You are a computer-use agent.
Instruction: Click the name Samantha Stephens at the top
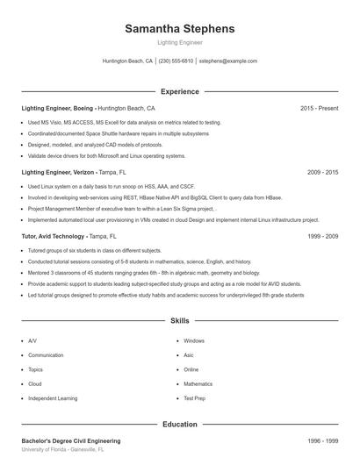click(x=179, y=29)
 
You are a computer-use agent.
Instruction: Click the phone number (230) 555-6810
click(x=176, y=61)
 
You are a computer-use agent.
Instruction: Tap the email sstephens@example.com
click(x=227, y=61)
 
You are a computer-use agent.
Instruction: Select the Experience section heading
click(x=179, y=91)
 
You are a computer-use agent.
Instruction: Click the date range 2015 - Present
click(x=319, y=108)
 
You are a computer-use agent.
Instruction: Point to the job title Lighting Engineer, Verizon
click(x=57, y=173)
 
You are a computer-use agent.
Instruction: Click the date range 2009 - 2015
click(x=322, y=173)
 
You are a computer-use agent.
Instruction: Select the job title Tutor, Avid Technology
click(x=57, y=237)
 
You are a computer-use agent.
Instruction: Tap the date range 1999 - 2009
click(x=322, y=237)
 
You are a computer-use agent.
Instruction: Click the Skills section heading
click(x=179, y=322)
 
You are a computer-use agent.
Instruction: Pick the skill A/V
click(x=32, y=340)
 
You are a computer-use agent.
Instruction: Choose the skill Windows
click(x=193, y=340)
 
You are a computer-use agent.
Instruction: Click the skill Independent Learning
click(x=52, y=398)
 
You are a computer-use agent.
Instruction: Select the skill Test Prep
click(x=193, y=398)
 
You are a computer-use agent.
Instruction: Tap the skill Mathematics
click(x=198, y=383)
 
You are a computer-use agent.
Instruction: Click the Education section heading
click(x=179, y=424)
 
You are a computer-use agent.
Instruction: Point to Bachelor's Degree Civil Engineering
click(x=71, y=440)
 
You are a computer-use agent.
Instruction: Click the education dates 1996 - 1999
click(x=322, y=440)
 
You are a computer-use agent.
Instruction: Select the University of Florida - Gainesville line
click(x=62, y=449)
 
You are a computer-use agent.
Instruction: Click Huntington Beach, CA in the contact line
click(x=128, y=61)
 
